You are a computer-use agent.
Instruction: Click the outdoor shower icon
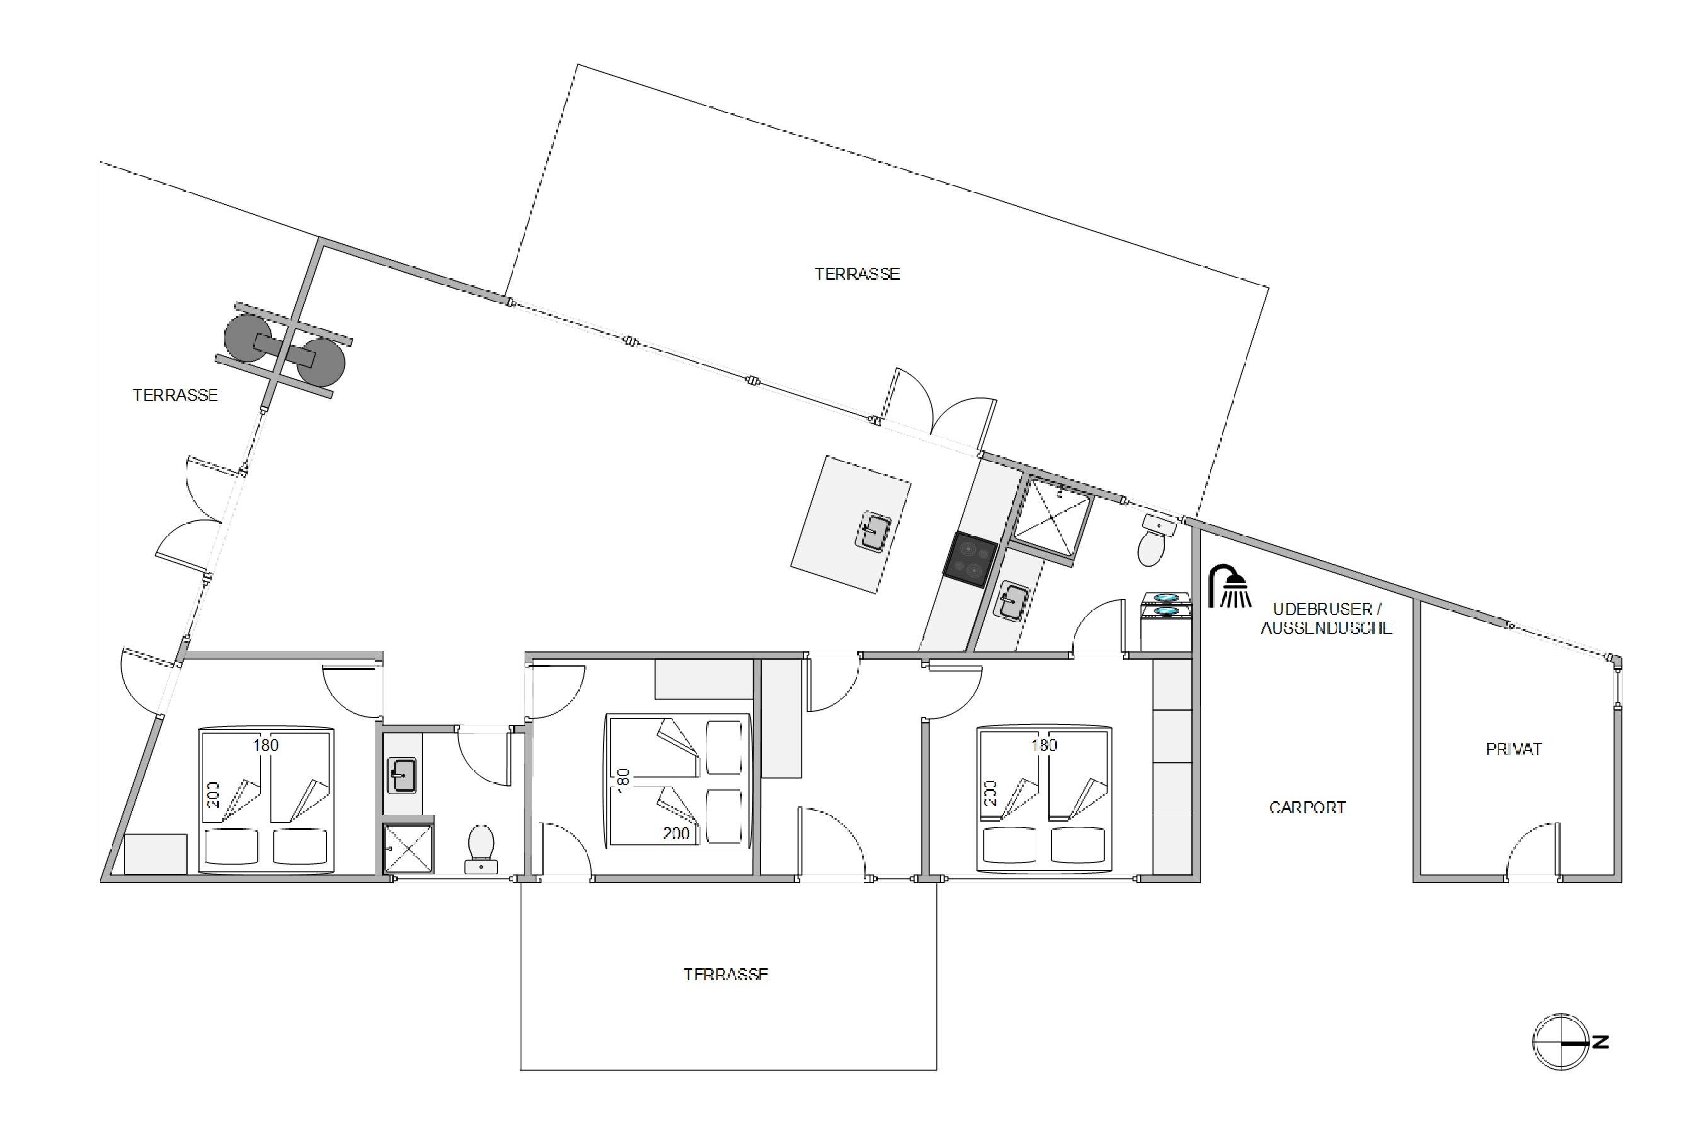coord(1230,586)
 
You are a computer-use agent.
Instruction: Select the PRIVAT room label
coord(1514,749)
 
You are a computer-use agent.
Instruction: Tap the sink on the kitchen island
coord(873,532)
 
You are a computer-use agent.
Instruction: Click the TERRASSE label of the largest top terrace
coord(857,274)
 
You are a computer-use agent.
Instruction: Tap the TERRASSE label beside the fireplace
coord(175,395)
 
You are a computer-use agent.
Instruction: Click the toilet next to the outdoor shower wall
coord(1155,539)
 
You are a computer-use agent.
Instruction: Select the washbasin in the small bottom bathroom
coord(402,774)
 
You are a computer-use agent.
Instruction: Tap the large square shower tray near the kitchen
coord(1051,518)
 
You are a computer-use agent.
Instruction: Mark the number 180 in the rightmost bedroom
coord(1044,745)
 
